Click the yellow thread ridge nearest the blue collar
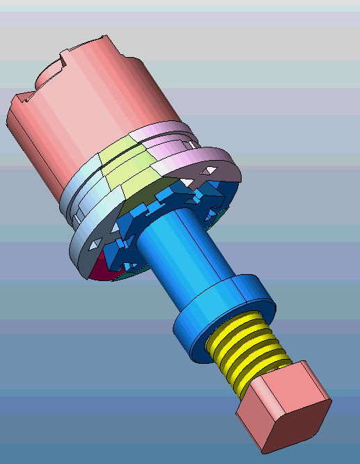coord(237,327)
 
